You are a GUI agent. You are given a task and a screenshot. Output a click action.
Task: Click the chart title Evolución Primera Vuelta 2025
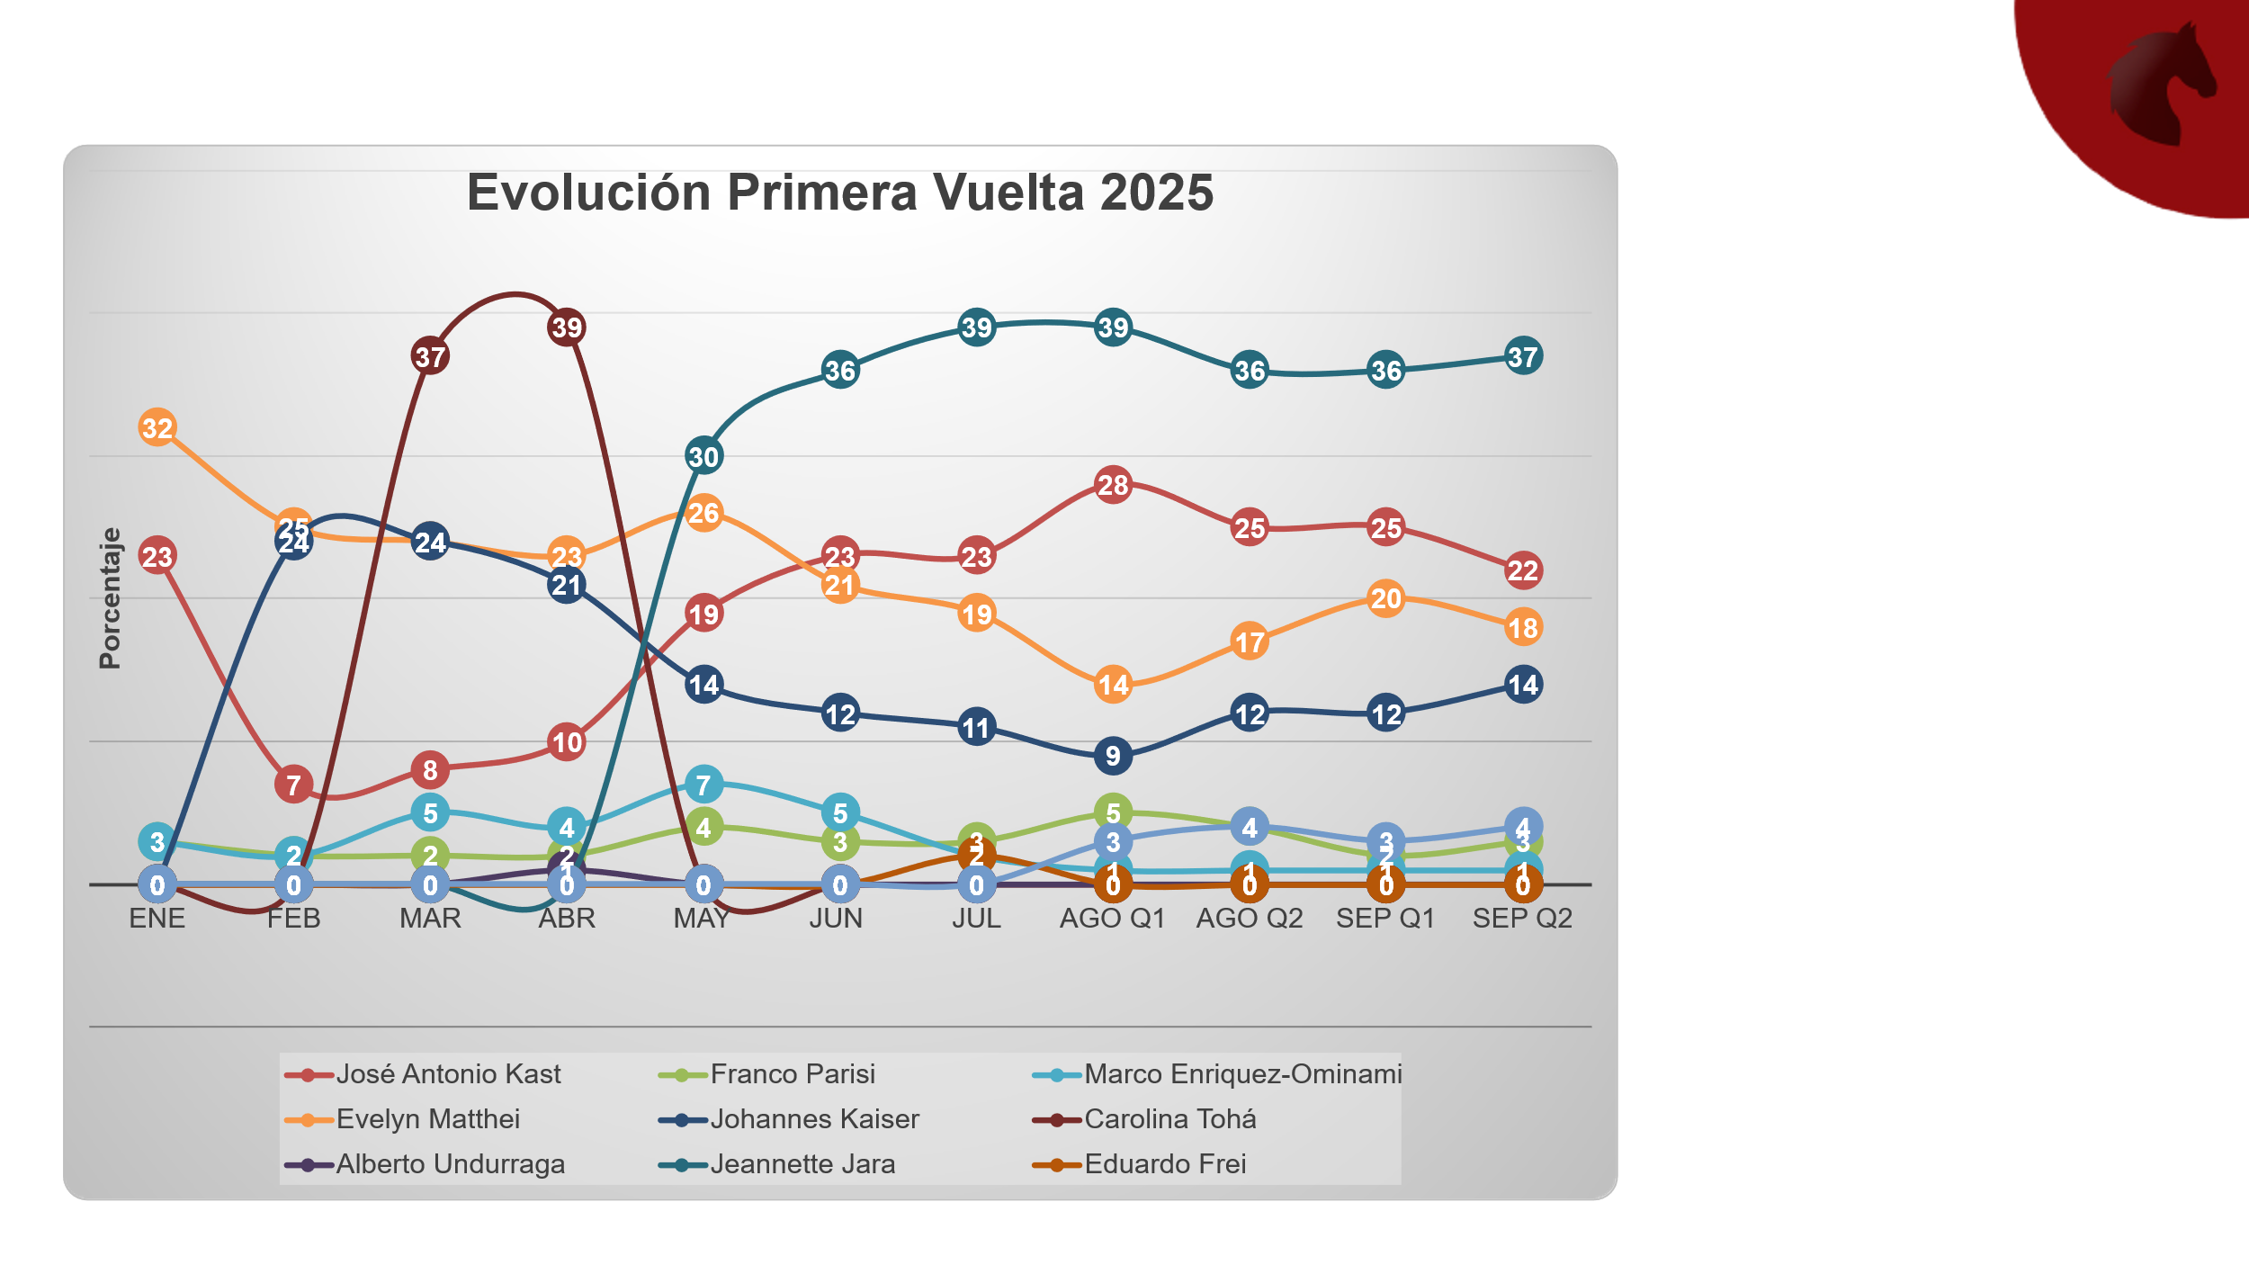839,193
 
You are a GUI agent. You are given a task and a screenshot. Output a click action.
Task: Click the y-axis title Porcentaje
110,598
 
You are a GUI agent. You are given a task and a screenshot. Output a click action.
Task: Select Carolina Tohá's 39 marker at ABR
567,327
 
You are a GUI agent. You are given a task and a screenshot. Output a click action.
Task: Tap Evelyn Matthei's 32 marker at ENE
157,427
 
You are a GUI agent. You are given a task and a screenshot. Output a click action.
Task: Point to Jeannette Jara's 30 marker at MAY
703,456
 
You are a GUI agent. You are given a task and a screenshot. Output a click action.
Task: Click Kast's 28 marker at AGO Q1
1113,485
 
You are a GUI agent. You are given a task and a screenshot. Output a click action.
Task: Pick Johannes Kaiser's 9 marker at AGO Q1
1113,756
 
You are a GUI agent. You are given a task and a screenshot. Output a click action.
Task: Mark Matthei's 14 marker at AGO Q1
1113,686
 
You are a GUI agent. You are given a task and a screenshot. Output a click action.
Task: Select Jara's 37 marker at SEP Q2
1523,356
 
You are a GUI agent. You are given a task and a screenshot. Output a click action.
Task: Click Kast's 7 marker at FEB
293,785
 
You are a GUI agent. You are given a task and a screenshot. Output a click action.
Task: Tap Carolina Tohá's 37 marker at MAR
430,356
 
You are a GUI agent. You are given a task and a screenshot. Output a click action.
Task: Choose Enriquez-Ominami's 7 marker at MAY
703,785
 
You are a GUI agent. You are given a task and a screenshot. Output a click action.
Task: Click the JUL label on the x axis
976,919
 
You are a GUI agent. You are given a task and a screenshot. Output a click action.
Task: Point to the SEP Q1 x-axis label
1385,919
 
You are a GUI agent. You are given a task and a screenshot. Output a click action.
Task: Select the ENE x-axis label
157,919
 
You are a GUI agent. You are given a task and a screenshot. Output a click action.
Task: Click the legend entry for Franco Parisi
792,1073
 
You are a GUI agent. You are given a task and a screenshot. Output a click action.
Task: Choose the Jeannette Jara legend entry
802,1163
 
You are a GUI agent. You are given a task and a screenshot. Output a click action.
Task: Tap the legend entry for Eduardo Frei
1164,1163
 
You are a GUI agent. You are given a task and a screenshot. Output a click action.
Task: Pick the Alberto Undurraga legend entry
450,1163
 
